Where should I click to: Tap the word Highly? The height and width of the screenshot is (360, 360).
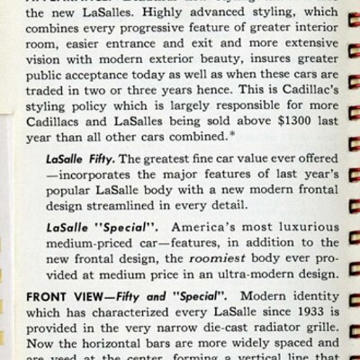tap(141, 22)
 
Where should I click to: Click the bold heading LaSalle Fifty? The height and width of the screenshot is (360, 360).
tap(87, 175)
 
